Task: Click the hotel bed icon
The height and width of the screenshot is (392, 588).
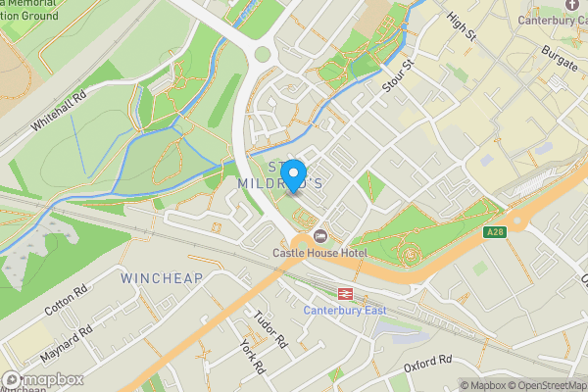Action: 320,236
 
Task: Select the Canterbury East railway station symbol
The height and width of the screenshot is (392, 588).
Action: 346,293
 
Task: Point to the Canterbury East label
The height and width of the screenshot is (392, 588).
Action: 345,311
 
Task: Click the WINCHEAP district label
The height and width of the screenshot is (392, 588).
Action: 161,278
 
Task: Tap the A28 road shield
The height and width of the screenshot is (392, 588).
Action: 494,232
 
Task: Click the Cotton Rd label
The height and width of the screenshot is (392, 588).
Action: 67,301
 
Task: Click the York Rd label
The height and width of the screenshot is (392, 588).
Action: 252,357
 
